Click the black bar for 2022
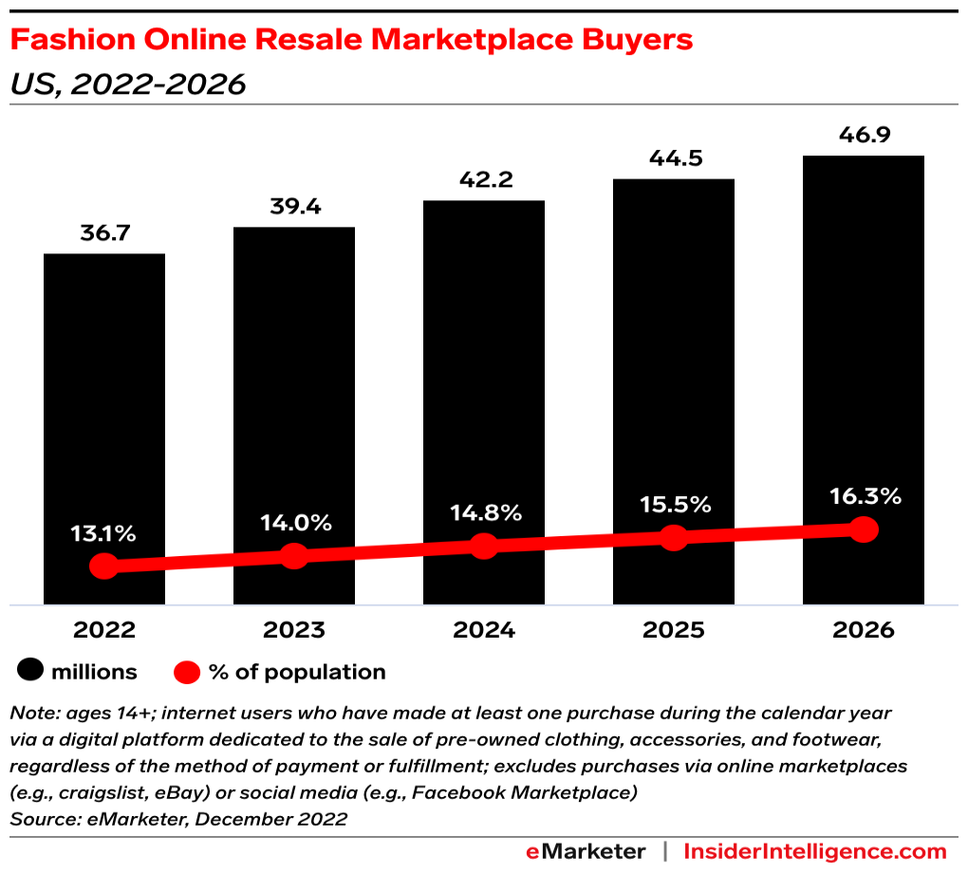pyautogui.click(x=104, y=399)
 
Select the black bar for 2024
pyautogui.click(x=484, y=370)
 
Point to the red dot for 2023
pyautogui.click(x=294, y=556)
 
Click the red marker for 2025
pyautogui.click(x=673, y=538)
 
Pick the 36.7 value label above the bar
pyautogui.click(x=104, y=232)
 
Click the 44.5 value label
pyautogui.click(x=673, y=158)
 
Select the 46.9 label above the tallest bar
pyautogui.click(x=864, y=135)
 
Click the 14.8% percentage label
pyautogui.click(x=484, y=512)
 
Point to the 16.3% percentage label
pyautogui.click(x=864, y=496)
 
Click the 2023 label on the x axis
pyautogui.click(x=294, y=630)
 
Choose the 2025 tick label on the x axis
pyautogui.click(x=673, y=630)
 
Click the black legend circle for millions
pyautogui.click(x=30, y=672)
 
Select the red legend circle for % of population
pyautogui.click(x=188, y=672)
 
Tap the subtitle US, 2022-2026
pyautogui.click(x=127, y=84)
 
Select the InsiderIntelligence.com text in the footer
pyautogui.click(x=815, y=851)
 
